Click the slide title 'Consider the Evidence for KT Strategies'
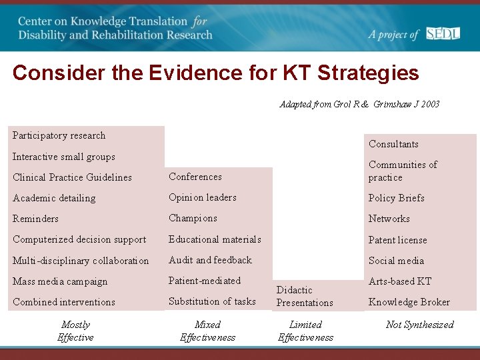pos(215,73)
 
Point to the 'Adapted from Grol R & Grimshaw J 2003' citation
pos(359,104)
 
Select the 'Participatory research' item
pos(59,135)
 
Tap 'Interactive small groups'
pos(63,157)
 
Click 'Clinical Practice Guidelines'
pos(72,177)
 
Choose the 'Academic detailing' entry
pos(54,198)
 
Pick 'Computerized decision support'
pos(79,239)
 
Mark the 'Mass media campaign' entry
pos(60,281)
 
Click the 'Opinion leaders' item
pos(202,197)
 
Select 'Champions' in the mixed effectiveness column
pos(193,218)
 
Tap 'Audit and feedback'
pos(210,260)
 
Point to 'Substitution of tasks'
pos(212,301)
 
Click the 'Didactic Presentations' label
pos(305,296)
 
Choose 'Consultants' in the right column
pos(393,144)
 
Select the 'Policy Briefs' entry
pos(396,198)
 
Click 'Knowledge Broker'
pos(409,302)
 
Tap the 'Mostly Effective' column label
pos(75,331)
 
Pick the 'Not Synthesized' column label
pos(419,325)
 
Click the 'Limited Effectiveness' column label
pos(305,331)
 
